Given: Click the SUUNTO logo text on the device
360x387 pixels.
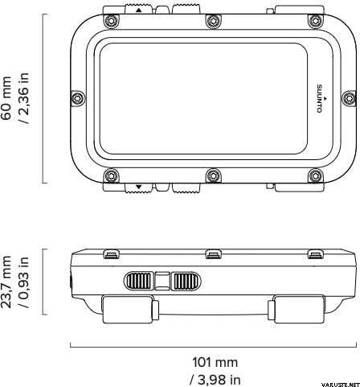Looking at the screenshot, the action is click(320, 98).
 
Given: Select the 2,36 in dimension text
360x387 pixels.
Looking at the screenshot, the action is click(23, 98).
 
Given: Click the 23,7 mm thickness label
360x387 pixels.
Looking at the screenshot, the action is click(6, 282).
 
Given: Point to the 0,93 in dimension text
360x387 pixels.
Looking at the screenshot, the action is click(23, 282).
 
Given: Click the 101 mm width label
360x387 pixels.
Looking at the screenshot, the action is click(215, 362).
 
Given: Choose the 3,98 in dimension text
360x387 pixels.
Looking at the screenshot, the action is click(215, 380).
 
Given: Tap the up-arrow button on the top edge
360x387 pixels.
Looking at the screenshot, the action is click(138, 10).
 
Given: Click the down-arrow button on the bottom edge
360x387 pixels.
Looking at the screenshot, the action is click(138, 187).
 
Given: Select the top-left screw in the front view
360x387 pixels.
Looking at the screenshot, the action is click(111, 21).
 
